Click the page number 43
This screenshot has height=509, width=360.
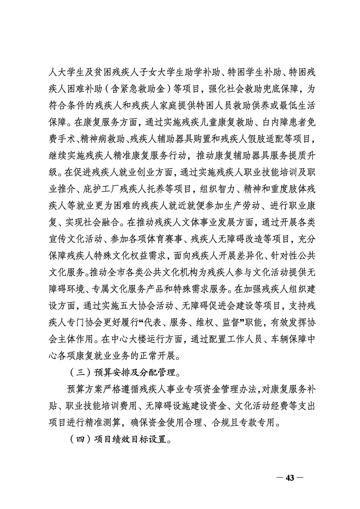point(290,477)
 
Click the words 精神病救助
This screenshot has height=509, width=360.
point(99,138)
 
